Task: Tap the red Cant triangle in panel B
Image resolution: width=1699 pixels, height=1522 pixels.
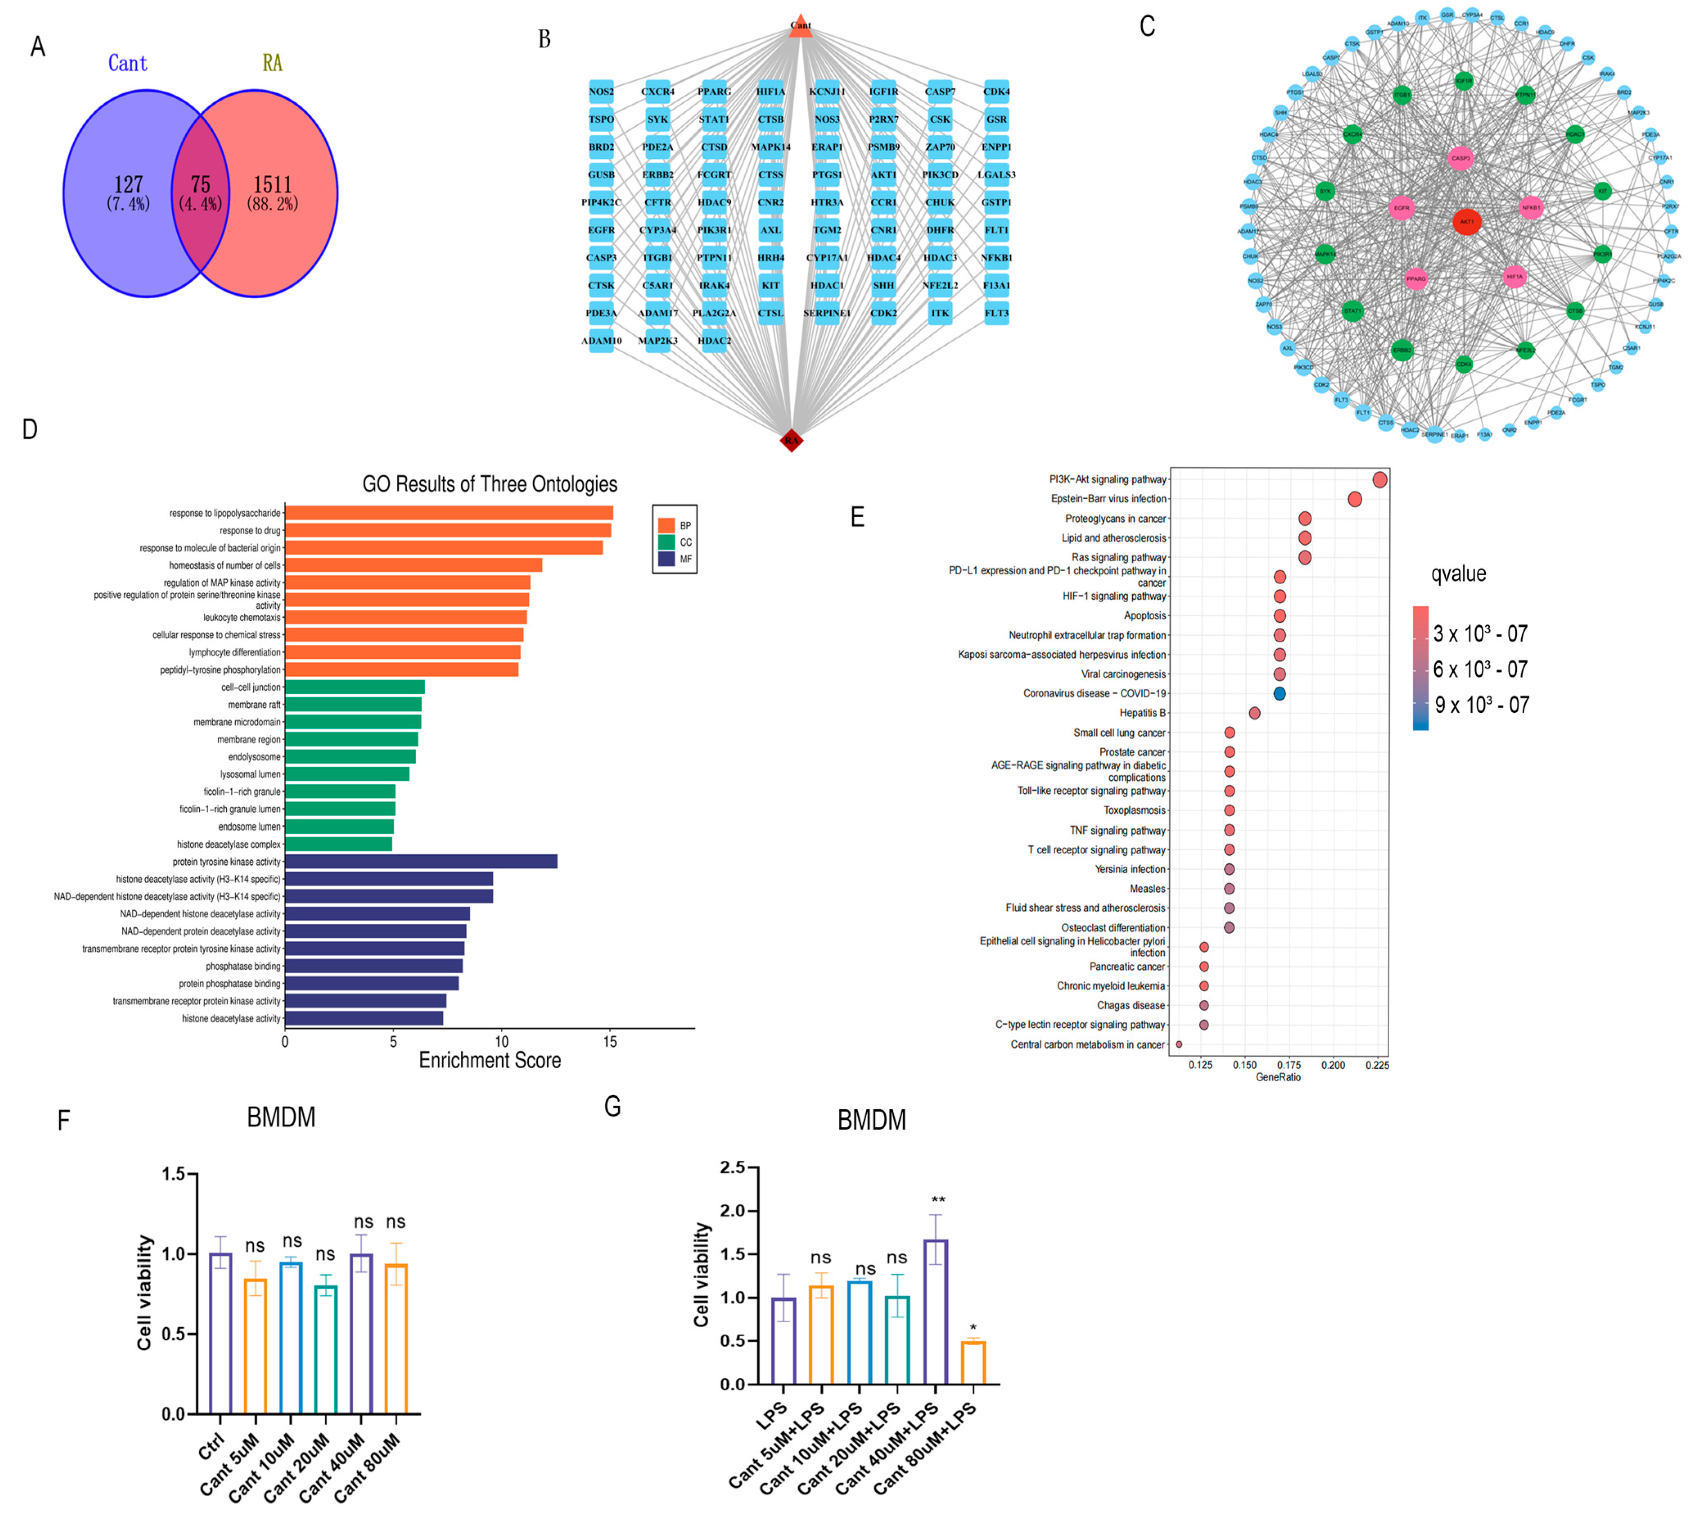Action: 800,25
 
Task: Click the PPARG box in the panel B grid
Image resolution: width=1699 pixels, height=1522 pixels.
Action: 714,92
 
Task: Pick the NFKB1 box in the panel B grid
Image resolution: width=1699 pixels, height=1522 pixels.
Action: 996,258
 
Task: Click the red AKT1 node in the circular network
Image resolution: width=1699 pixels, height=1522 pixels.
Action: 1467,222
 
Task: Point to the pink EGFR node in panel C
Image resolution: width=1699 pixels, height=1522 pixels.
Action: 1401,207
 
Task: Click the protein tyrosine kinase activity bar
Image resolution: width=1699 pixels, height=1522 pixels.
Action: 421,861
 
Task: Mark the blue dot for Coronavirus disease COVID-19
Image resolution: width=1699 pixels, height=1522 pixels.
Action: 1279,693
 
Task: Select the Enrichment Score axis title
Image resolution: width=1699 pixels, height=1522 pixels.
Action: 489,1060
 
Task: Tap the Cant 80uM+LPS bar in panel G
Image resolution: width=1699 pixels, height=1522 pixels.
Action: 973,1362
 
